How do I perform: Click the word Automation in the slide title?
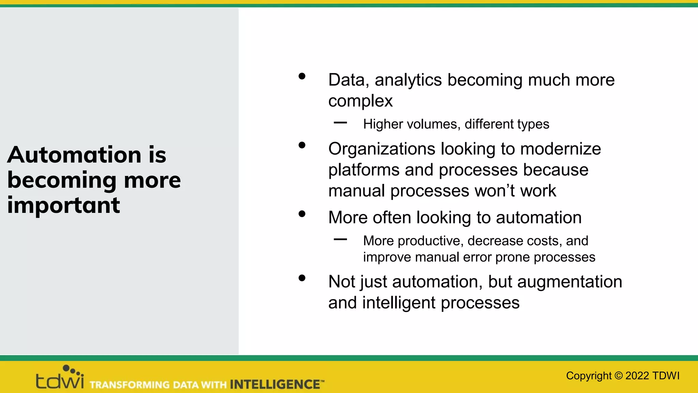[74, 155]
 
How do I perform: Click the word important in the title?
[63, 205]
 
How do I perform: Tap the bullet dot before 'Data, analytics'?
[302, 76]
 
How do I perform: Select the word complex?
[360, 101]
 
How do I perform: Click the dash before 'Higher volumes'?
[340, 122]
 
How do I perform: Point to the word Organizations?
[382, 149]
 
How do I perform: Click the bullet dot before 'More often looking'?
[302, 214]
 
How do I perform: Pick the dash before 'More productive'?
[340, 239]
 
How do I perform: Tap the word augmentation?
[570, 282]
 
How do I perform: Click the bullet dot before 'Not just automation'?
[302, 278]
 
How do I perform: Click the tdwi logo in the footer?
[60, 378]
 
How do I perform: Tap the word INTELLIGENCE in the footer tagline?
[275, 384]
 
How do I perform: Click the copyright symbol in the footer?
[618, 376]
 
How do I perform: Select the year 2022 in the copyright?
[637, 376]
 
